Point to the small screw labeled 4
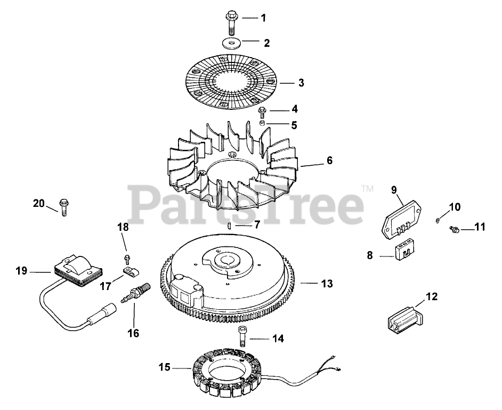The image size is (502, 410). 263,111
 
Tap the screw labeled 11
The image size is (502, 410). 454,229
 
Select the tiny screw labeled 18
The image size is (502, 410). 127,259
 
